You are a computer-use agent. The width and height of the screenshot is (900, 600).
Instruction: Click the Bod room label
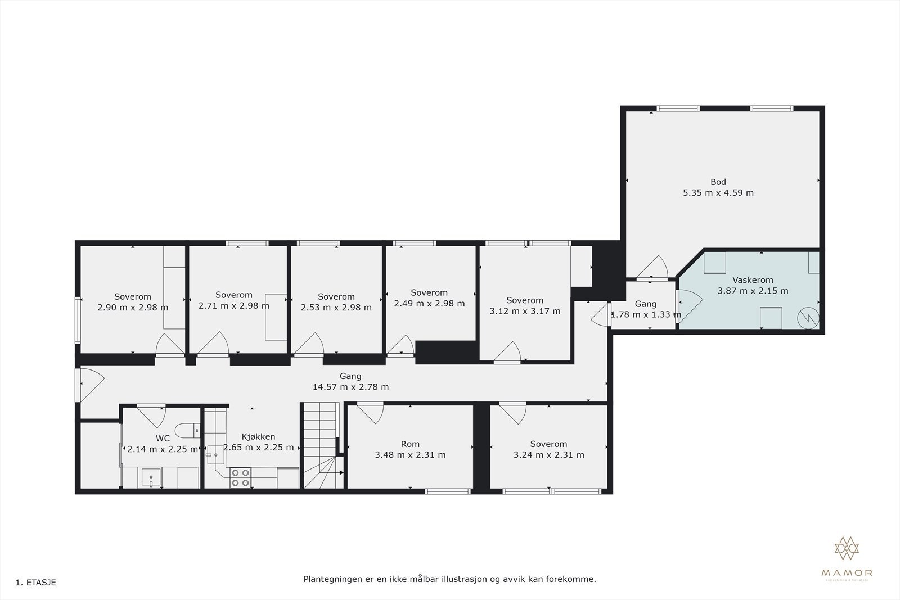[718, 182]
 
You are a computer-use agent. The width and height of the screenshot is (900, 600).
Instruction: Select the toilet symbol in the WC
[188, 431]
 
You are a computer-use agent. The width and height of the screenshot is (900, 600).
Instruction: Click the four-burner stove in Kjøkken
[240, 478]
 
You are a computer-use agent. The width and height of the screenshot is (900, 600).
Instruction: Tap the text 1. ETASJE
[36, 583]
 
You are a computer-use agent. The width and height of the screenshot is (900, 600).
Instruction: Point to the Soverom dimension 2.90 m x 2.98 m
[133, 308]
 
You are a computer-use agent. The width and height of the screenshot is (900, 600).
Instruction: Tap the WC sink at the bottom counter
[151, 479]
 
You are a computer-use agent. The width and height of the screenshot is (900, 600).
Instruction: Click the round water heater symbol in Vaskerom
[808, 318]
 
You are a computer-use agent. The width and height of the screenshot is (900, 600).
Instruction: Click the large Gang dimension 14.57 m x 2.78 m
[350, 387]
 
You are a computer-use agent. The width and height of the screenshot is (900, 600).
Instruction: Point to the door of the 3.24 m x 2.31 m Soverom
[512, 412]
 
